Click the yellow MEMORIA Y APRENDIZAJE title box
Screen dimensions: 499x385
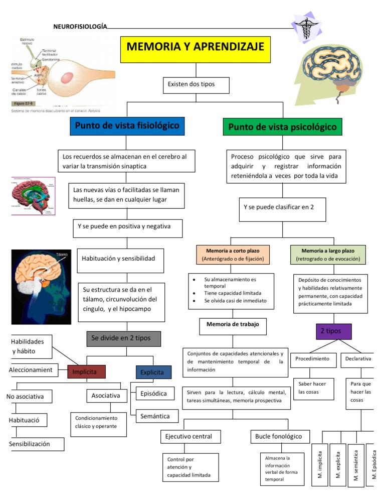tap(195, 49)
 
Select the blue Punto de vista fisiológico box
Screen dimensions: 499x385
tap(127, 126)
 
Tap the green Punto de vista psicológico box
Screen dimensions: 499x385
tap(282, 127)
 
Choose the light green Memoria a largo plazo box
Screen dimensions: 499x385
tap(327, 254)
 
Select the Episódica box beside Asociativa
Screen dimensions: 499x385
tap(153, 393)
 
